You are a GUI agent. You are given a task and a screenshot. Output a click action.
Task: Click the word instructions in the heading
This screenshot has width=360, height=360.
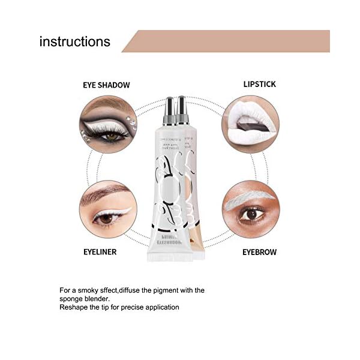74,41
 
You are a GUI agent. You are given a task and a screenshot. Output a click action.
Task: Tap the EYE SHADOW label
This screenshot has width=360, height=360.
106,85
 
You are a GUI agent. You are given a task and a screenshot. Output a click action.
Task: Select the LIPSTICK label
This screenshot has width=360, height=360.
260,84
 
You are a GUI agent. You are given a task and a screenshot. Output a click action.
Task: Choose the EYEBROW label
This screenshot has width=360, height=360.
259,252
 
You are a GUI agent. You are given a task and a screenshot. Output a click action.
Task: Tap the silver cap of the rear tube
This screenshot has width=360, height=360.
182,107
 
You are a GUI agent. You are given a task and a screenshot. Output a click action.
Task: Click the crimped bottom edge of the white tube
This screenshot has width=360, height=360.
170,257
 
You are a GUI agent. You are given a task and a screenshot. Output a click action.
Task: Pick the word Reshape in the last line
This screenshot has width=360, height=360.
73,307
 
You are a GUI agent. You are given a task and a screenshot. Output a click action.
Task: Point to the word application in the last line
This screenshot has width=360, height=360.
161,307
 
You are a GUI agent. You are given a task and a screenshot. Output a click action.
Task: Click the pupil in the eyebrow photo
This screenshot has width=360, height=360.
250,214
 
